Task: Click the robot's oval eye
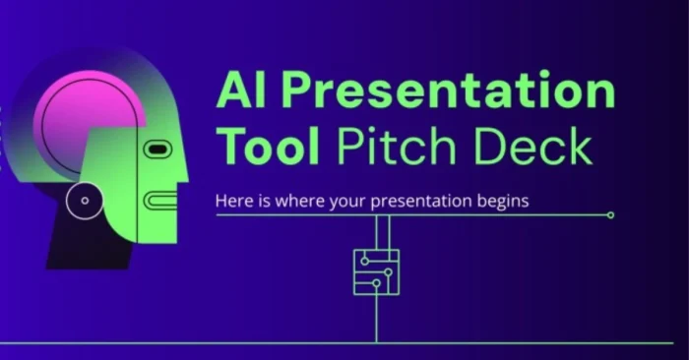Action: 158,150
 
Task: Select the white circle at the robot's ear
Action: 85,201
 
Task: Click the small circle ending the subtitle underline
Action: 610,214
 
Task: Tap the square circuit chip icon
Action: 376,271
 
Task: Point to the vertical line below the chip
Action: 376,320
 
